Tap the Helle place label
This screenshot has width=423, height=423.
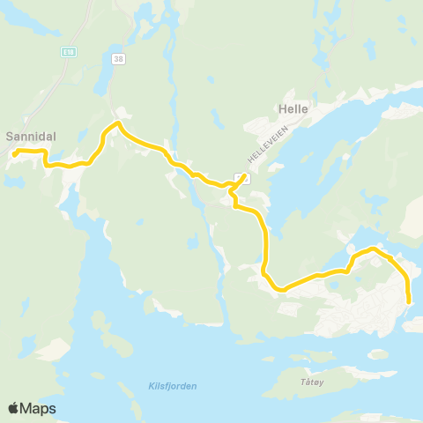(292, 109)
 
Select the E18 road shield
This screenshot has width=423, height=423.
(67, 52)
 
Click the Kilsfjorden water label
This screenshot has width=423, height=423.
(167, 386)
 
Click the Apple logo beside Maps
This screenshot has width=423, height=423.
(14, 409)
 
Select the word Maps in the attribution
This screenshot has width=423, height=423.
(38, 409)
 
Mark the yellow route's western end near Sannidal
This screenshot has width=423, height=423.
(15, 156)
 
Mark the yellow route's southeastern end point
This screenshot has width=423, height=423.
(410, 302)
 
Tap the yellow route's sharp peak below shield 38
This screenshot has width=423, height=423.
(117, 124)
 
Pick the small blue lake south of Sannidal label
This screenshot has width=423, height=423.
(12, 181)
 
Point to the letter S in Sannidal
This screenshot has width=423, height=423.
(10, 137)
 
